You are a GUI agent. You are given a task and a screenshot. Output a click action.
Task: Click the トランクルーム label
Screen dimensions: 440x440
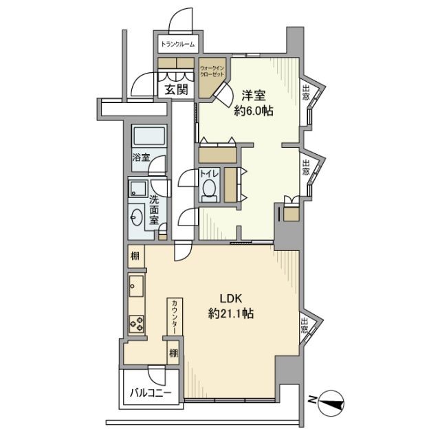click(x=177, y=45)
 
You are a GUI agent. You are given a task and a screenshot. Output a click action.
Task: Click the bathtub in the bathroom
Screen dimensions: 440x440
click(x=147, y=135)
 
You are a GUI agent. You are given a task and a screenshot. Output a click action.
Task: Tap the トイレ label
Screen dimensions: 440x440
click(x=208, y=174)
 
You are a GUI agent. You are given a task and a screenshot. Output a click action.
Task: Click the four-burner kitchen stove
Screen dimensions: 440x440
click(x=135, y=322)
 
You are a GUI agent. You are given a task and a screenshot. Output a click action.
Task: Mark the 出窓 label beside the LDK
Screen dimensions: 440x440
click(x=305, y=328)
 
